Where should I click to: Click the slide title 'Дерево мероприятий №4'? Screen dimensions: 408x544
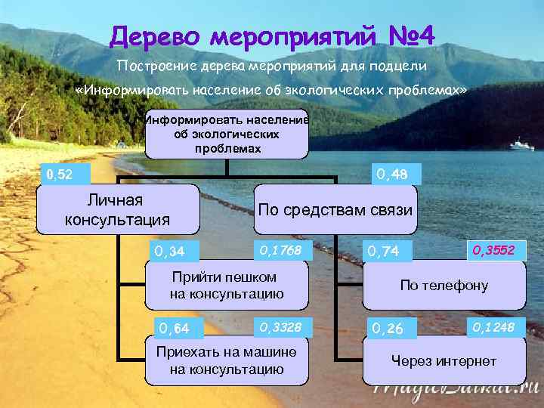pos(272,36)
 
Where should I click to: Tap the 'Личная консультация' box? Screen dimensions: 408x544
pos(117,211)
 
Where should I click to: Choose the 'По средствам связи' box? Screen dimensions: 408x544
pos(335,210)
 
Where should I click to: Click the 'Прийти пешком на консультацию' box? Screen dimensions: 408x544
pos(227,286)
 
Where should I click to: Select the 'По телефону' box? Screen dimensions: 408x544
pos(444,286)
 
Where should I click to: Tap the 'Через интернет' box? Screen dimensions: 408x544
pos(444,361)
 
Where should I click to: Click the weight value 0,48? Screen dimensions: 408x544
pos(392,175)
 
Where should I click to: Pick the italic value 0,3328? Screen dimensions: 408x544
pos(280,327)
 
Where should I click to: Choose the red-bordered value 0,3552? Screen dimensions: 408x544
pos(495,249)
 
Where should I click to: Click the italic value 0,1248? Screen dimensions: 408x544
pos(494,326)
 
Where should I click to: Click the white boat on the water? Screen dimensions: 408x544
pos(521,144)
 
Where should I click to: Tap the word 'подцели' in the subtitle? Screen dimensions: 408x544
pos(400,66)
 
